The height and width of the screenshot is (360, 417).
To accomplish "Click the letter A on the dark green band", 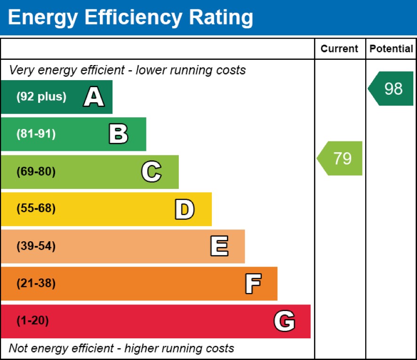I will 94,98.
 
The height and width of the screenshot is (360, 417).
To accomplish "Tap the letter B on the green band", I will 118,134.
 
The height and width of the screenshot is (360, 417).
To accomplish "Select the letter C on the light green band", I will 151,172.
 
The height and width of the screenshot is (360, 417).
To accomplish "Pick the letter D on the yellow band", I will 184,209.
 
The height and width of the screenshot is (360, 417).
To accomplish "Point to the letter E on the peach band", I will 219,246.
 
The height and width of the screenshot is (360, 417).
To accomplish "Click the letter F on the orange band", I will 253,284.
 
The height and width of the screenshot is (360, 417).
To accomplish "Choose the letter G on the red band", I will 284,321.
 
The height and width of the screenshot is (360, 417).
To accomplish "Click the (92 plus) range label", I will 41,97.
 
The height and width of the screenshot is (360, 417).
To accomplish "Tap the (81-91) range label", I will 36,134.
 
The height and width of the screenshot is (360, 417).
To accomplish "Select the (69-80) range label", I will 36,172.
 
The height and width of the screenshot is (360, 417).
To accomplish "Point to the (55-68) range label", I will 36,209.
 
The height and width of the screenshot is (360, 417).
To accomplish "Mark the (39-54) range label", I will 36,246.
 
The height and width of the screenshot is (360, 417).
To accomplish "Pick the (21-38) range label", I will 36,284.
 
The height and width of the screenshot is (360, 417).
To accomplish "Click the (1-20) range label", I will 33,321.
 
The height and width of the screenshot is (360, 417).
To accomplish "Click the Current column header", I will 339,49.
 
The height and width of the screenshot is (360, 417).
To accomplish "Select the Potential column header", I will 391,49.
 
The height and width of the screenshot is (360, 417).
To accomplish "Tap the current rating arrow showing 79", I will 341,158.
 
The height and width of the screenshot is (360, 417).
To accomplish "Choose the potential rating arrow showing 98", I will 392,89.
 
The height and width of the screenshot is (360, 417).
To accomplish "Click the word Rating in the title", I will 221,17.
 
